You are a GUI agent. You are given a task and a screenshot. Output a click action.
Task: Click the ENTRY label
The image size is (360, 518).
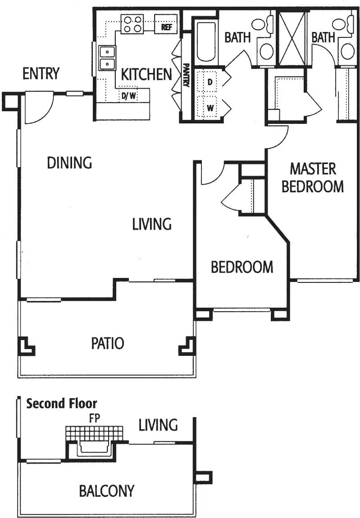click(x=41, y=73)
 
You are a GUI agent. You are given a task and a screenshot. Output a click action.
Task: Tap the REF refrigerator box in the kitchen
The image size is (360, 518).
click(x=166, y=27)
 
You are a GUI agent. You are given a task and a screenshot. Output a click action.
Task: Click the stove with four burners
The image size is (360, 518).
click(x=132, y=24)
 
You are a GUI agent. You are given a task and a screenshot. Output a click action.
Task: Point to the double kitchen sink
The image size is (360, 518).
click(x=107, y=58)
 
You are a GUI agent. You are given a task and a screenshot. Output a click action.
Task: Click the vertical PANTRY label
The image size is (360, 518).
click(x=186, y=75)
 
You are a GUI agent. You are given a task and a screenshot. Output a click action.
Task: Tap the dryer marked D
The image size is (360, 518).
click(x=210, y=82)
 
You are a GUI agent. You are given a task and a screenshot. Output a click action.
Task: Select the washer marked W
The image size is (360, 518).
click(x=210, y=108)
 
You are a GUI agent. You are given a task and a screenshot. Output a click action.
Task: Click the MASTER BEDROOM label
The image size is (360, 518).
click(x=313, y=177)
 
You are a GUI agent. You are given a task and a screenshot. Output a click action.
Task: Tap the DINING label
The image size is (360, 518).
click(x=69, y=163)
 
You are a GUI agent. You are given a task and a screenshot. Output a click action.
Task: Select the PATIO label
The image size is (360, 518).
click(x=107, y=343)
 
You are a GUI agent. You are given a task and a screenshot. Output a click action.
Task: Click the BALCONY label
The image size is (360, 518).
click(x=106, y=491)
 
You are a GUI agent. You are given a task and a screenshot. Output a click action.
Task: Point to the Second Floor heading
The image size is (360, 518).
click(x=61, y=403)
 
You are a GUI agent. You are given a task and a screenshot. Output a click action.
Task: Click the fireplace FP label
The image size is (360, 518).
click(x=95, y=418)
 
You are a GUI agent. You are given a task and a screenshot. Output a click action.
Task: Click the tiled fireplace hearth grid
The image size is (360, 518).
click(x=94, y=433)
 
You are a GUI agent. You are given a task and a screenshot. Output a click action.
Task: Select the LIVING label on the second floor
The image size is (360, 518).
click(x=158, y=425)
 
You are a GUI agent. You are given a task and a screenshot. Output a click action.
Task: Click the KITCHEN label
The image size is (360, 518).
click(x=146, y=74)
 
